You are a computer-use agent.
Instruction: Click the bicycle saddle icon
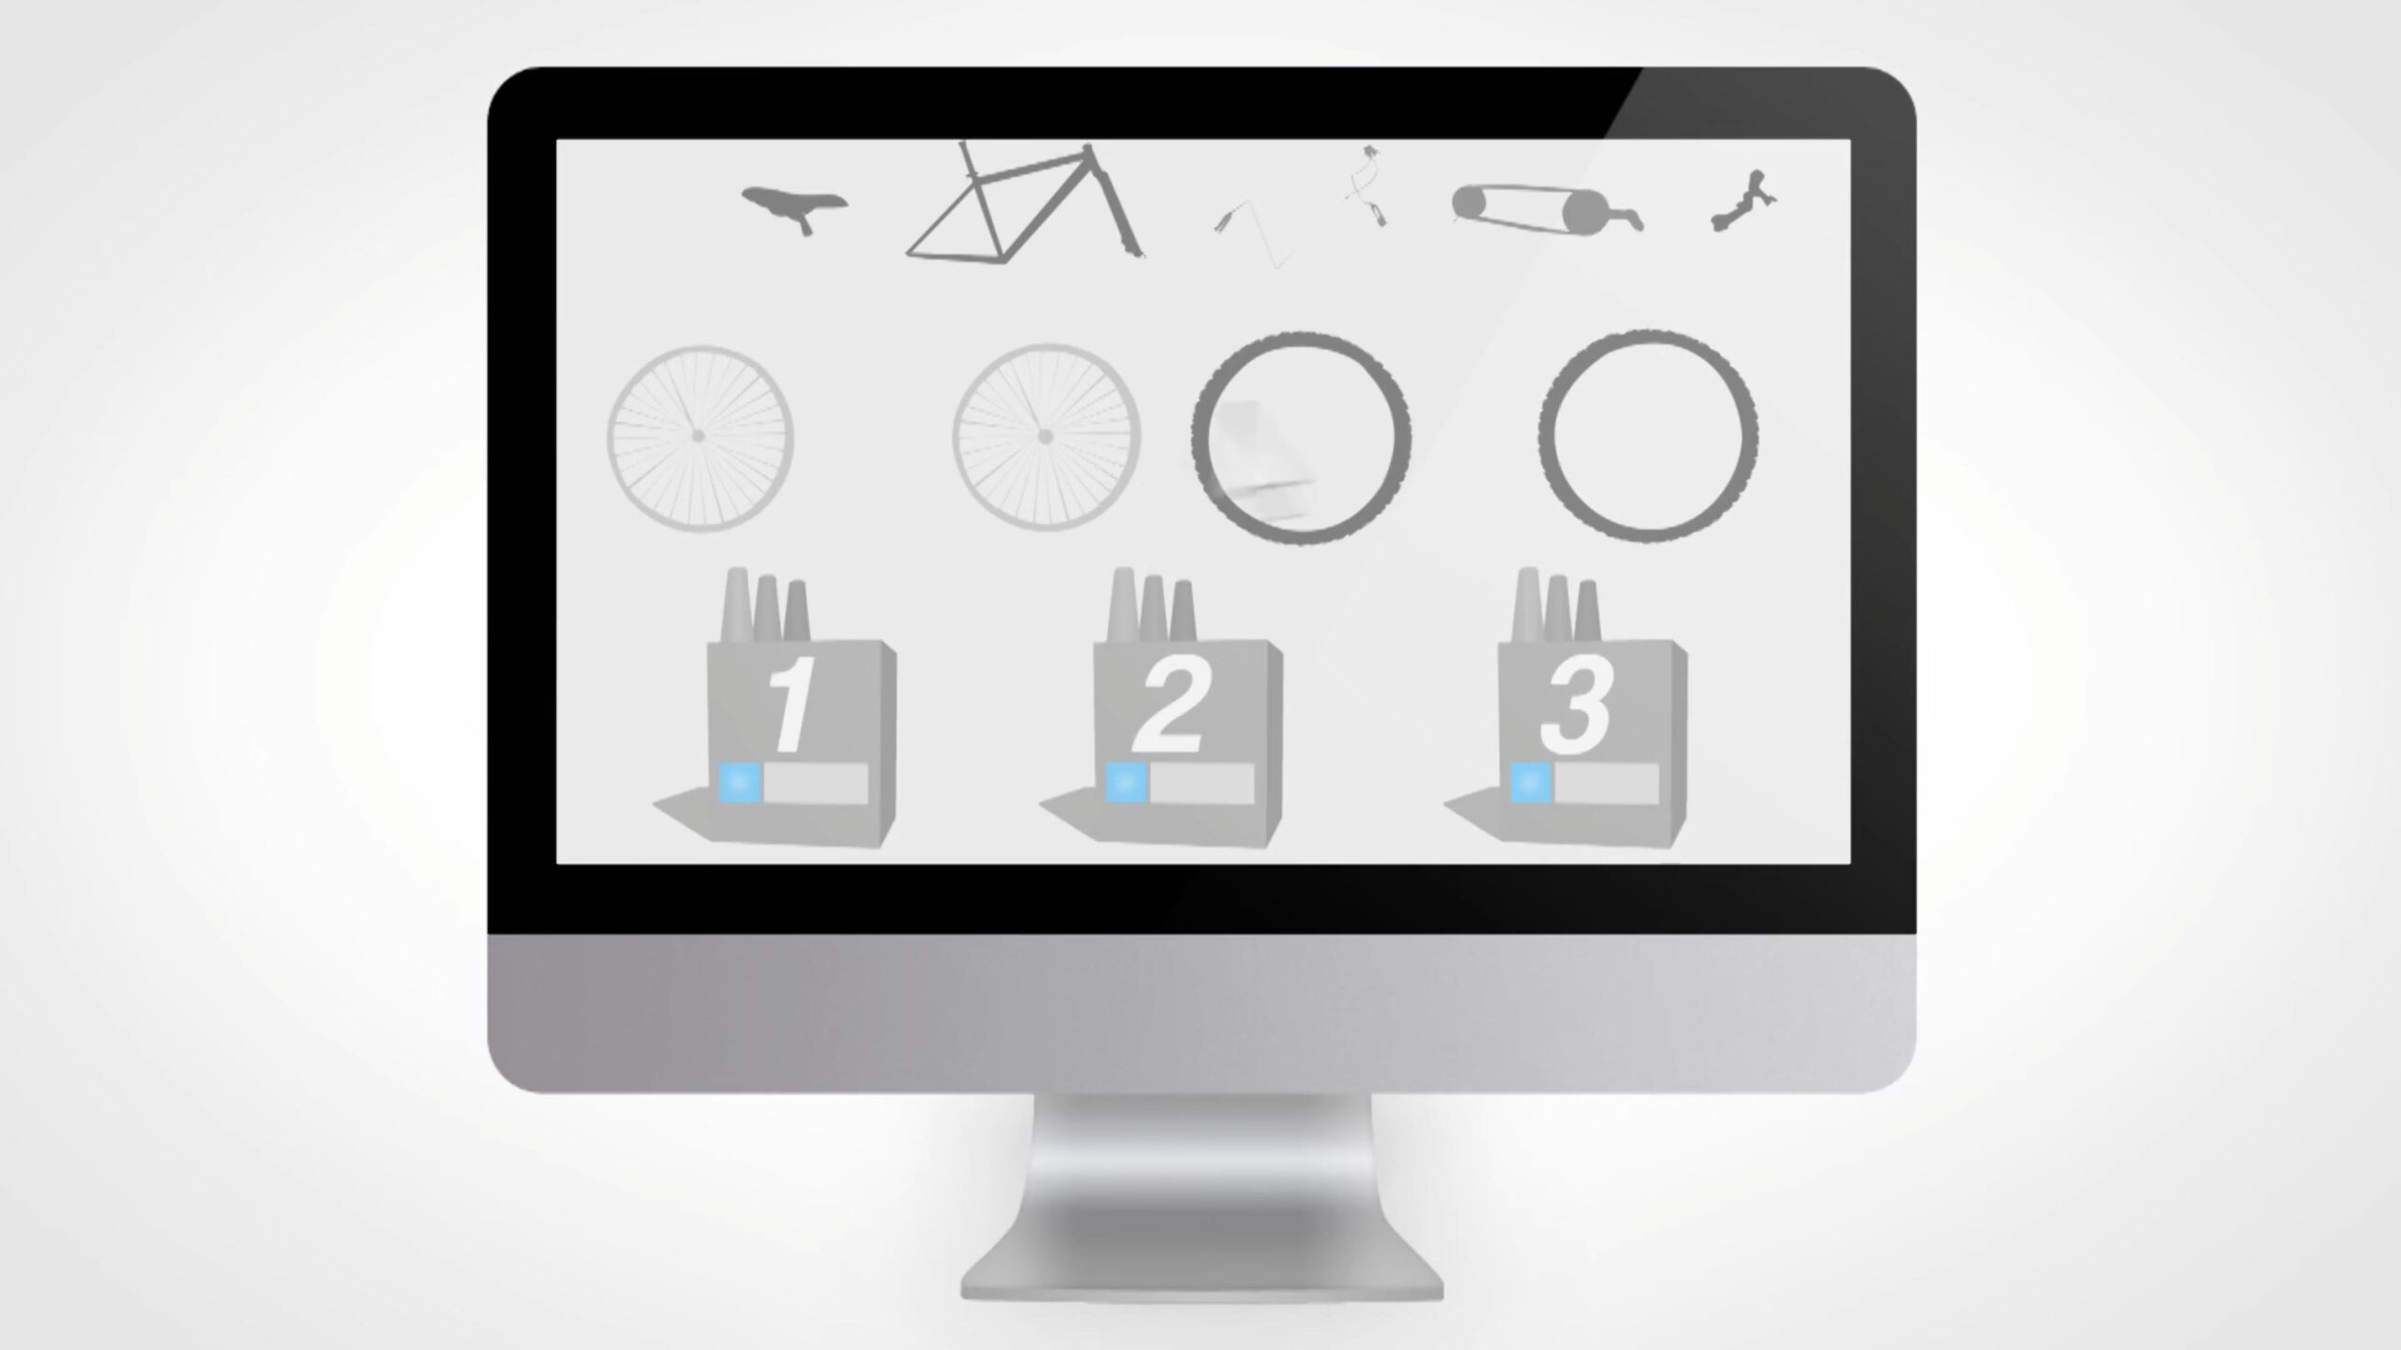click(x=793, y=205)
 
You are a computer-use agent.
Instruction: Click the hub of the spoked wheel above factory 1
click(x=698, y=436)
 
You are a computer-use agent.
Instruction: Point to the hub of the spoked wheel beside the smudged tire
click(x=1045, y=437)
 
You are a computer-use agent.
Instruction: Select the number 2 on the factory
click(x=1169, y=704)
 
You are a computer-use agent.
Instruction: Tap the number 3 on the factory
click(x=1576, y=705)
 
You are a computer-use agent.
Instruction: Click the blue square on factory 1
click(x=739, y=783)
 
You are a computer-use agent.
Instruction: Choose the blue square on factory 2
click(x=1125, y=783)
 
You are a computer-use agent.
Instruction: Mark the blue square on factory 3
click(x=1531, y=783)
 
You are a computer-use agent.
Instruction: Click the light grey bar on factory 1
click(x=815, y=783)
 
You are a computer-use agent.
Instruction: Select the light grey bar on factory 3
click(x=1607, y=783)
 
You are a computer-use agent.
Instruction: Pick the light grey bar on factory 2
click(x=1201, y=783)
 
